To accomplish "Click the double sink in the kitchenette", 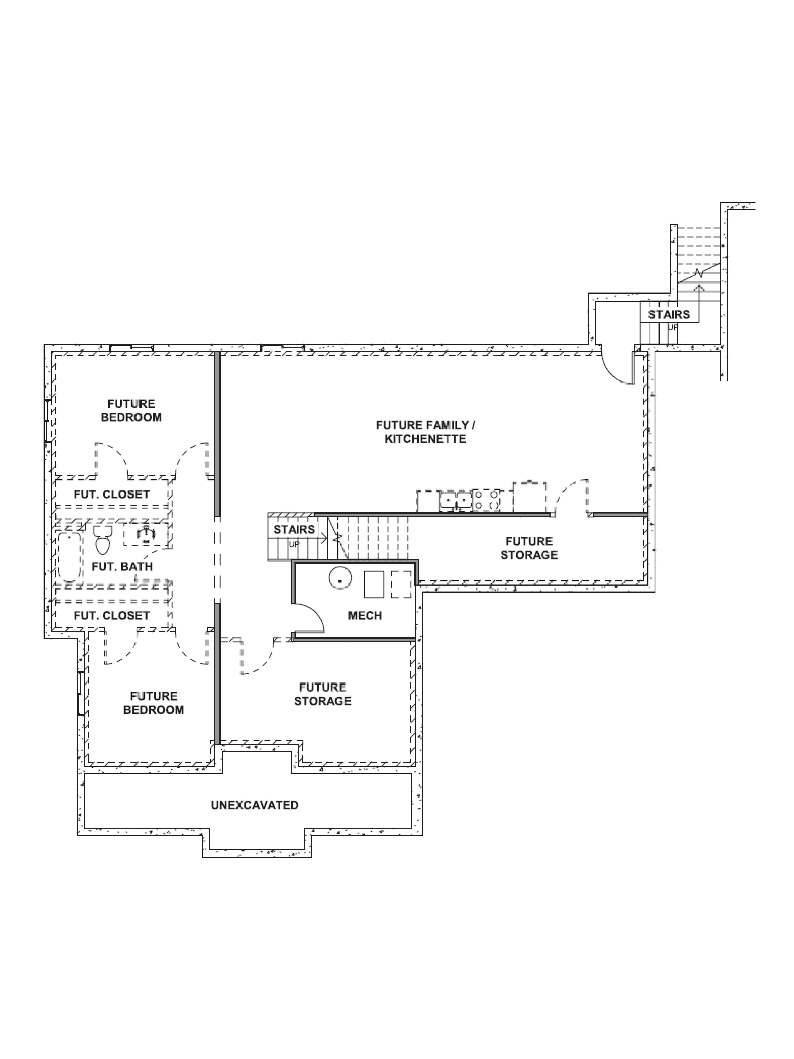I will point(456,500).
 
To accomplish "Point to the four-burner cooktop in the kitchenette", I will point(486,499).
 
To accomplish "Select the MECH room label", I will point(365,615).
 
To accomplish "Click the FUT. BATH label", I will point(122,567).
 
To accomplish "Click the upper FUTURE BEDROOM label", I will point(131,410).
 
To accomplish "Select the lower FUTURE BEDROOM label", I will point(154,702).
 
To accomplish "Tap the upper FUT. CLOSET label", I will point(112,494).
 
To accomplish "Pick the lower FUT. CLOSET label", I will point(112,615).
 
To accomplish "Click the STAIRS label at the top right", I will point(669,314).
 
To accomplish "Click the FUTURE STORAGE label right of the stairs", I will point(529,548).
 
